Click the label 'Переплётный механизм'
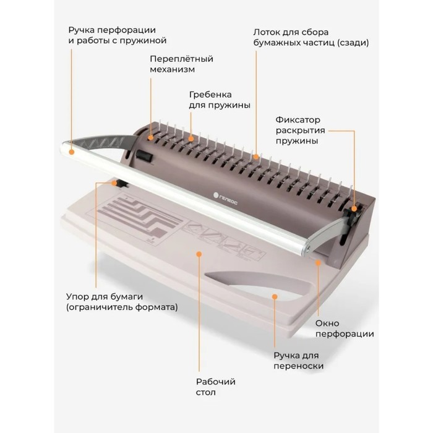click(x=181, y=64)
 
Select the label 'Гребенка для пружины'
click(x=220, y=100)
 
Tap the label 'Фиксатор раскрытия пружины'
click(x=300, y=131)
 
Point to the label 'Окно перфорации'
click(x=345, y=328)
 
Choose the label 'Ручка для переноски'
click(x=298, y=361)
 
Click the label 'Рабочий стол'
click(x=216, y=387)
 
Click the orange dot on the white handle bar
click(x=72, y=152)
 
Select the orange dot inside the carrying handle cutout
click(x=275, y=296)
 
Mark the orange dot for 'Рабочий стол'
click(x=199, y=254)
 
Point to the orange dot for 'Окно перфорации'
click(x=318, y=263)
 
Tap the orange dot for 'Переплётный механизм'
click(x=150, y=137)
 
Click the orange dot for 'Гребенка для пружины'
click(x=191, y=139)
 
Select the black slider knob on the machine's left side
click(x=144, y=156)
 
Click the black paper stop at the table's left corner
click(x=121, y=183)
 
